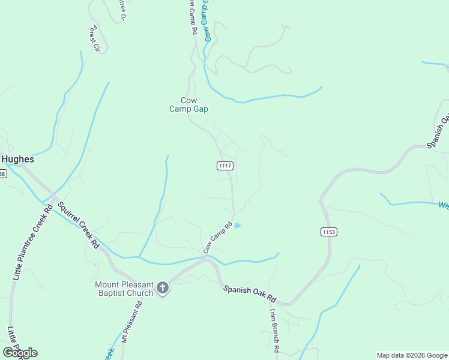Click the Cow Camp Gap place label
[189, 104]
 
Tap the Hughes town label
[17, 160]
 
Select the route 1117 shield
[225, 166]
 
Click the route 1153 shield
[329, 231]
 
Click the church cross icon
[162, 289]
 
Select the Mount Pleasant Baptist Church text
[124, 289]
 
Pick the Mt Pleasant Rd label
[132, 320]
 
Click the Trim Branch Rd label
[274, 331]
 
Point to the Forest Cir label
[93, 39]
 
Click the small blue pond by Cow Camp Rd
[238, 226]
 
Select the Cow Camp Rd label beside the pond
[217, 238]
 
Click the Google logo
[20, 352]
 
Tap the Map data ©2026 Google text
[411, 355]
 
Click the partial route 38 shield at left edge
[2, 174]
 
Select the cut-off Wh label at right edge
[443, 205]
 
